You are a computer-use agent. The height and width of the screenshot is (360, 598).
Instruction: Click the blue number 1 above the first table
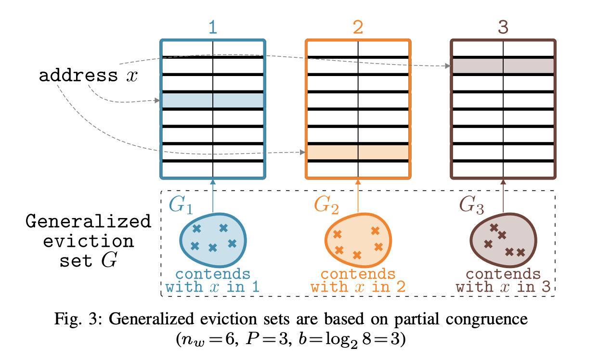(212, 27)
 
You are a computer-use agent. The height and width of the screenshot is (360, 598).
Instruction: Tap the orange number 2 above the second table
(358, 27)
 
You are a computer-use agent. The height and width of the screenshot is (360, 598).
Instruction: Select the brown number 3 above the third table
(503, 27)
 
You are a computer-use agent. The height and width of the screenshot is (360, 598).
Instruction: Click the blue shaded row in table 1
(212, 100)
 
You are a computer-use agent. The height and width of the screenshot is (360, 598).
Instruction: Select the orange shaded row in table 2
(358, 152)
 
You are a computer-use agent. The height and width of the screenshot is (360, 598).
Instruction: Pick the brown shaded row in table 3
(503, 66)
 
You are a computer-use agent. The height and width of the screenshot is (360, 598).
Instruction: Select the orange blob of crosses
(358, 239)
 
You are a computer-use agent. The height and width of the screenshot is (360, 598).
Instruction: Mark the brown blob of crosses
(503, 239)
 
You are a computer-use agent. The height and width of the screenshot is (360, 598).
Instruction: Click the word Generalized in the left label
(88, 222)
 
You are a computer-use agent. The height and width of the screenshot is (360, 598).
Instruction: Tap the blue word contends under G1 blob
(213, 274)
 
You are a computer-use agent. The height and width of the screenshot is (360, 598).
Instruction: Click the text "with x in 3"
(503, 287)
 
